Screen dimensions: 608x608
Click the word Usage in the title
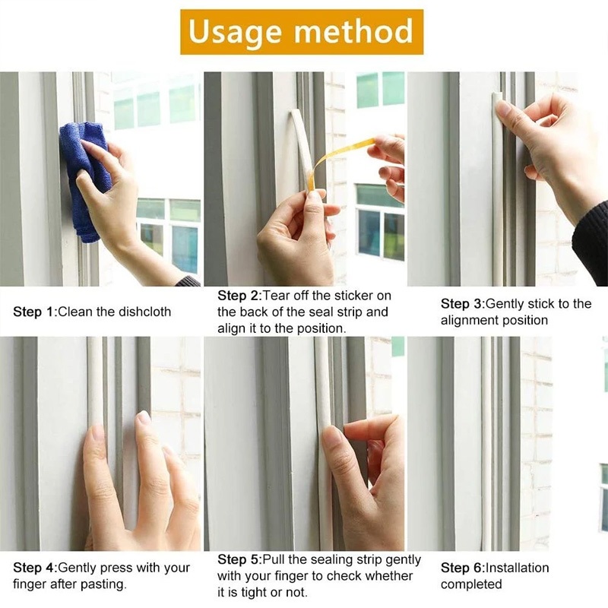235,33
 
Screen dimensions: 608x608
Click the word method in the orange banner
353,30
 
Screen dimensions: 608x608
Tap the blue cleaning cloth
84,179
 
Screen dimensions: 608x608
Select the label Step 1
35,312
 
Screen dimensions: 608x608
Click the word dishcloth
144,312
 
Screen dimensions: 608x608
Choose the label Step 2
239,296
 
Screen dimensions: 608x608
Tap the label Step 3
463,303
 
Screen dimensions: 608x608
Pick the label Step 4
35,568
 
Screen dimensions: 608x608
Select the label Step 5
239,559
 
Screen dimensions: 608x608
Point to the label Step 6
463,568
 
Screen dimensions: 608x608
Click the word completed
471,584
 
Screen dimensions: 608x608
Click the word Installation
518,568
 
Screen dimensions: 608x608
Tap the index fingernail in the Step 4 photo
97,433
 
